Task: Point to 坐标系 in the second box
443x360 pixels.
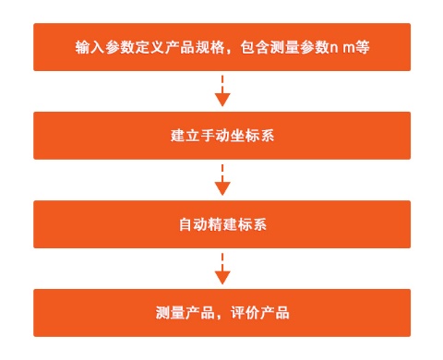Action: click(246, 136)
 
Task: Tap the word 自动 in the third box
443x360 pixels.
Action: click(189, 224)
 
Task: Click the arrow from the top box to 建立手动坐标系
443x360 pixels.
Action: click(221, 91)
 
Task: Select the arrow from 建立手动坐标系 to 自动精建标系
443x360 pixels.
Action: click(221, 180)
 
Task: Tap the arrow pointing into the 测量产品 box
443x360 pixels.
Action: click(221, 269)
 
